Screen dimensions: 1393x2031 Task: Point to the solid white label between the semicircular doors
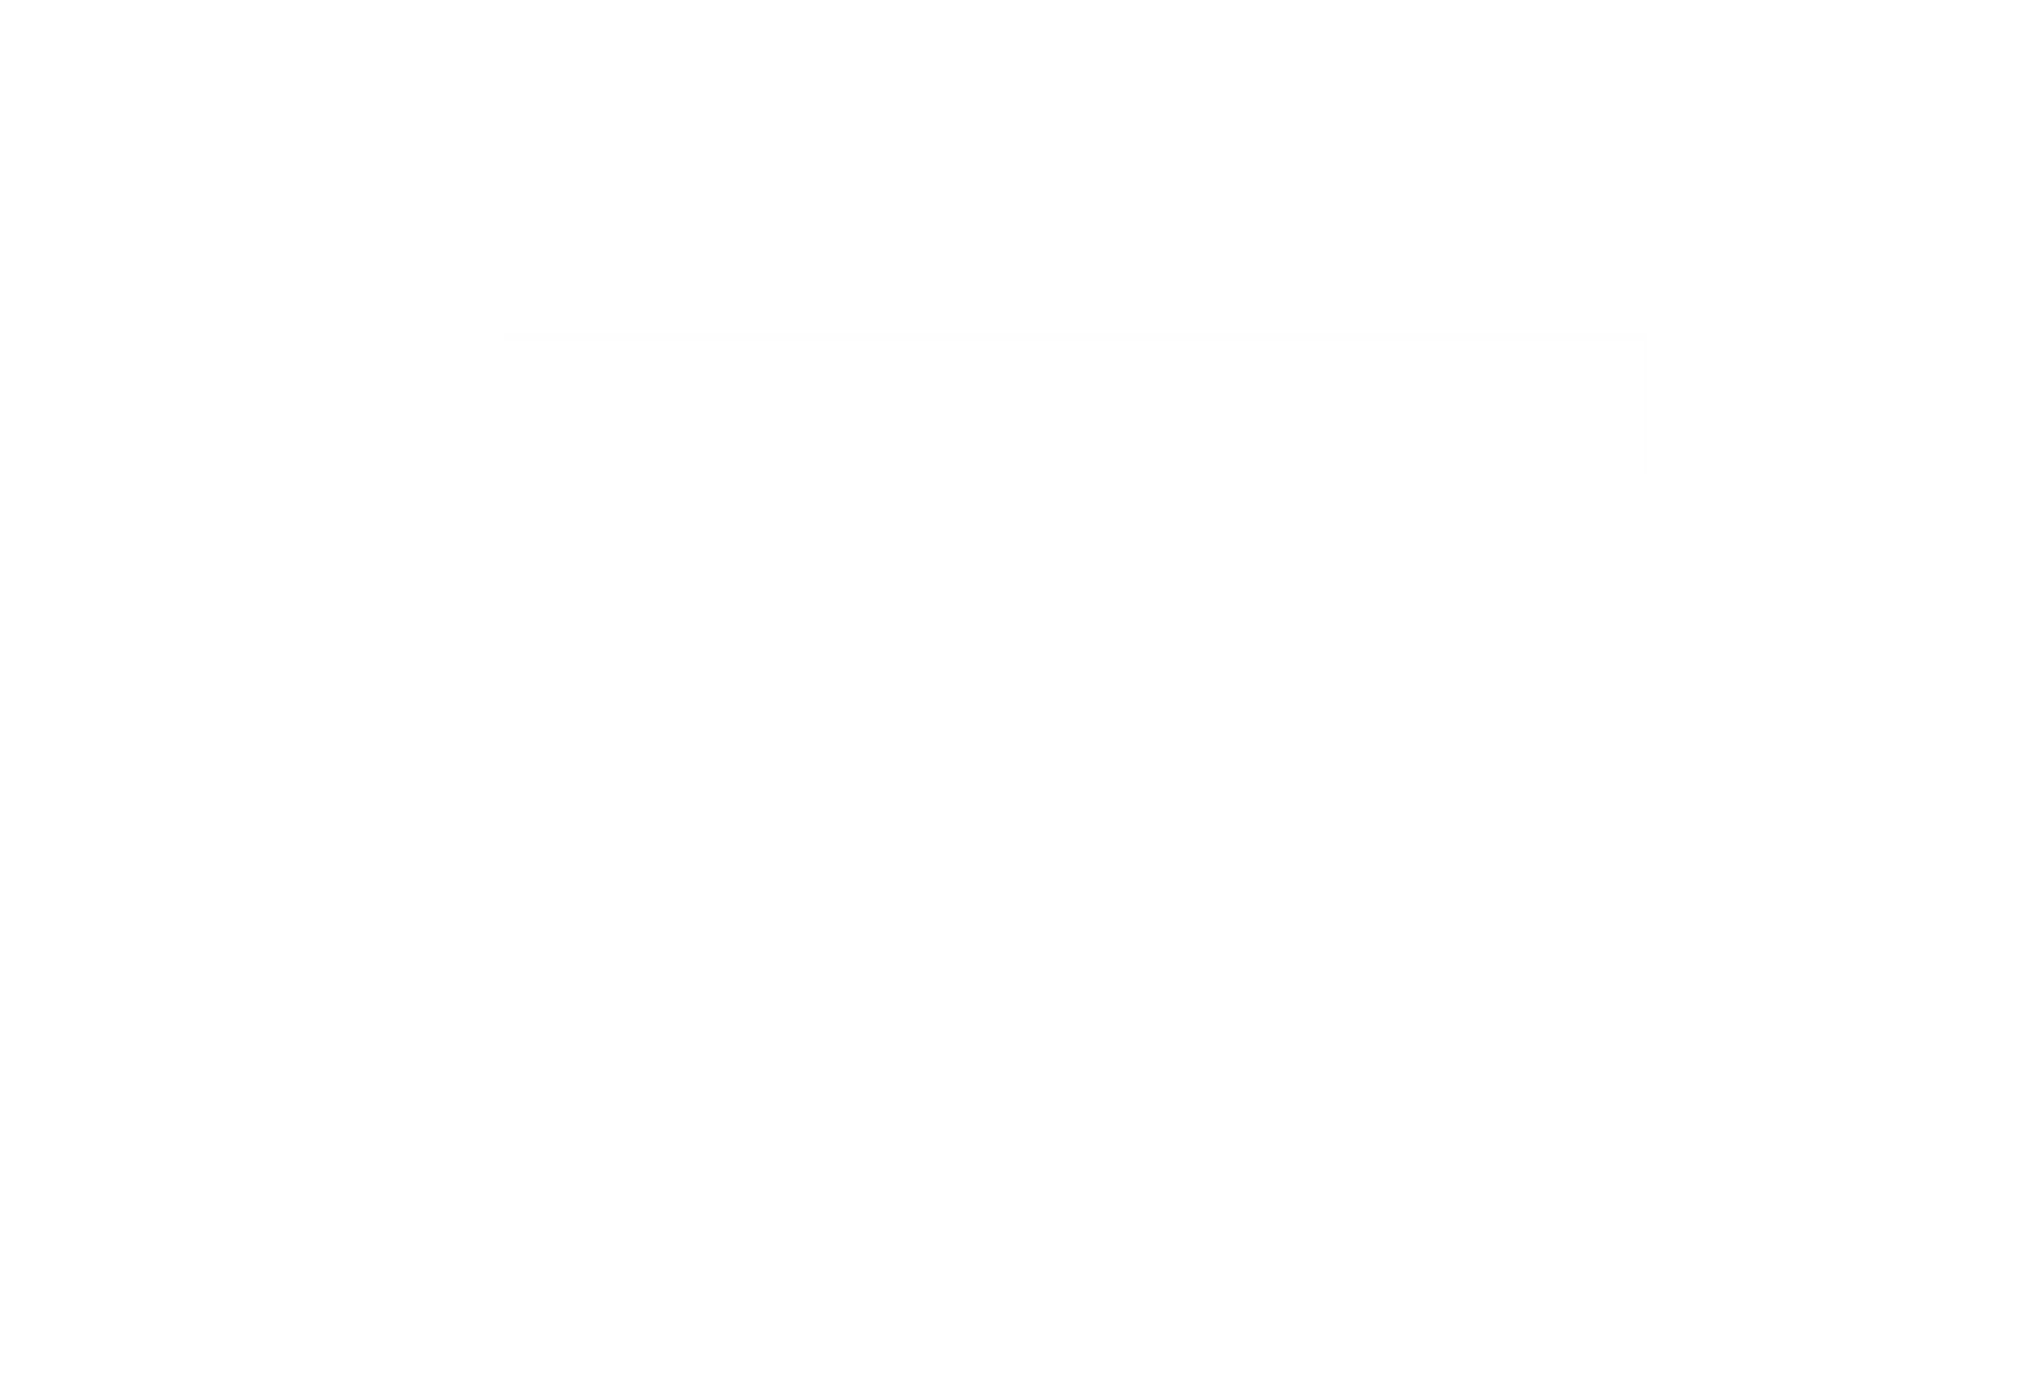pos(244,678)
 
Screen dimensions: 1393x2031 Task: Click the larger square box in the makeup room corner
pos(56,488)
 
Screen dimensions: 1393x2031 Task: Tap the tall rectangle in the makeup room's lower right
pos(427,456)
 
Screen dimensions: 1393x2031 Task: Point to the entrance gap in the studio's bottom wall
pos(1166,1351)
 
